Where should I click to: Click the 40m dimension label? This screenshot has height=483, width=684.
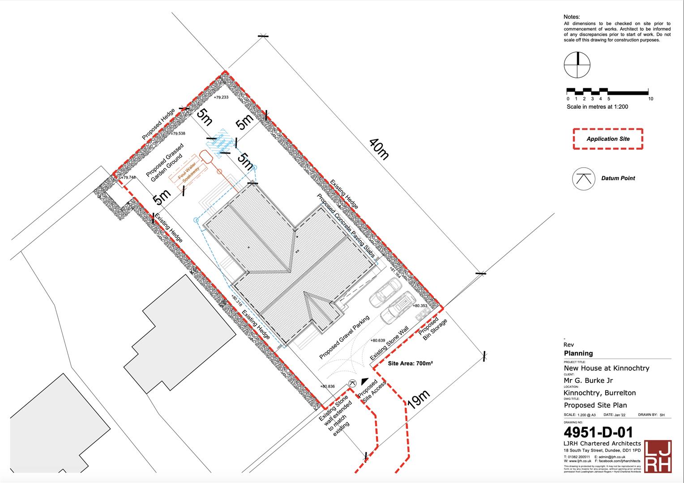coord(379,149)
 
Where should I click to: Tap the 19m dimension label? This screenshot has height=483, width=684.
coord(419,399)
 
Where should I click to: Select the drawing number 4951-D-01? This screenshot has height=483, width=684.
coord(598,432)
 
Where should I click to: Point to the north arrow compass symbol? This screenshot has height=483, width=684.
coord(577,65)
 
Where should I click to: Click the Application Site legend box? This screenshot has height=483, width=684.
coord(608,139)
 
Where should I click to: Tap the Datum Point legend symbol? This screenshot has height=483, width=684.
coord(583,178)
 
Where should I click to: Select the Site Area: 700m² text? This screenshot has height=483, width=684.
coord(410,364)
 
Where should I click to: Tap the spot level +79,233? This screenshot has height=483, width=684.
coord(221,97)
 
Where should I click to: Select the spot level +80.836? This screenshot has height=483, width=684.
coord(327,386)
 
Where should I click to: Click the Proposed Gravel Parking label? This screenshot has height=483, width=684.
coord(344,337)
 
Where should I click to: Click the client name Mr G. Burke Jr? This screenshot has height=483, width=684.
coord(588,381)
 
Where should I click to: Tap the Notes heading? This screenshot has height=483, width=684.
coord(572,17)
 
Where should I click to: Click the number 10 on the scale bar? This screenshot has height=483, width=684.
coord(650,99)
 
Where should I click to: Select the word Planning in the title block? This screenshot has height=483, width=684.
coord(578,353)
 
